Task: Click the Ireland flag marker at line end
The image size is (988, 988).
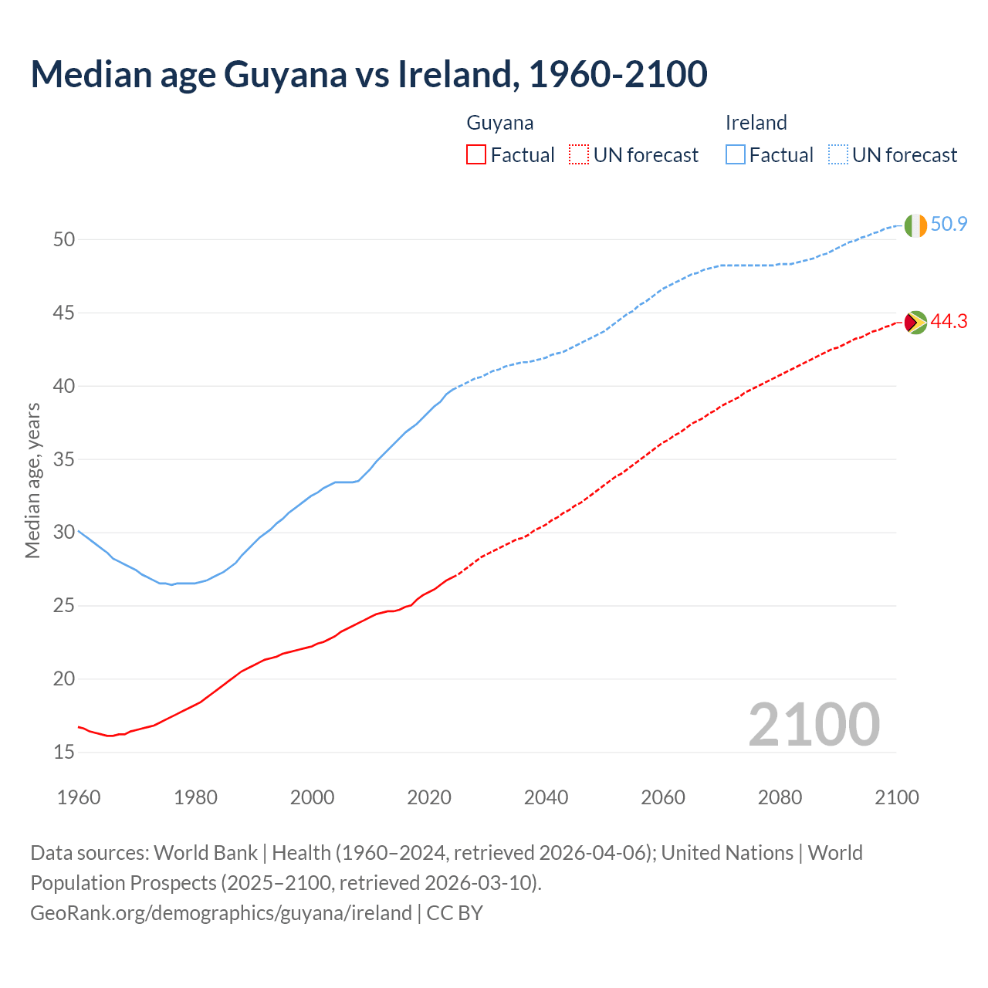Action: [x=915, y=225]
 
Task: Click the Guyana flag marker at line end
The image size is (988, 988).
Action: [x=915, y=322]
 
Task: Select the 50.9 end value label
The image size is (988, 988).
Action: [x=949, y=225]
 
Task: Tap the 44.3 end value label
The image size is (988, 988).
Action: [x=949, y=322]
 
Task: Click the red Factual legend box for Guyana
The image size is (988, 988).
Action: [x=476, y=155]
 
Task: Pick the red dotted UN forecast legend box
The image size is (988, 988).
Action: [x=579, y=155]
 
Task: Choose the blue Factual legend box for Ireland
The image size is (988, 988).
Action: [x=736, y=155]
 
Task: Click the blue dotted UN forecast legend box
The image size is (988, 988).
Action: [x=837, y=155]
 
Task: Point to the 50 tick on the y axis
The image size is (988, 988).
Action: [x=64, y=240]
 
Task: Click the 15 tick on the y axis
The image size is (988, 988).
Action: [x=64, y=753]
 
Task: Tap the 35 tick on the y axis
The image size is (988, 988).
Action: [x=64, y=460]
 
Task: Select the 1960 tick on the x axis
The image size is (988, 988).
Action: [x=79, y=797]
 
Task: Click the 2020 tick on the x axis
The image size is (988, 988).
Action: [x=429, y=797]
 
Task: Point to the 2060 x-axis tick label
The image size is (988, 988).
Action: [x=663, y=797]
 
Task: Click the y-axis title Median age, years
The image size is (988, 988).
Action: [x=32, y=480]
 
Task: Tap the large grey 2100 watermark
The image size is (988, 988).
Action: [x=814, y=725]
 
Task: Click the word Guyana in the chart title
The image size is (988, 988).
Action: [x=285, y=74]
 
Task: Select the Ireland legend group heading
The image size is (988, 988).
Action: [x=756, y=123]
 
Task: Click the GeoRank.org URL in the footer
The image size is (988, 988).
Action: [x=221, y=913]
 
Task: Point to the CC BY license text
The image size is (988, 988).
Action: [x=455, y=913]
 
